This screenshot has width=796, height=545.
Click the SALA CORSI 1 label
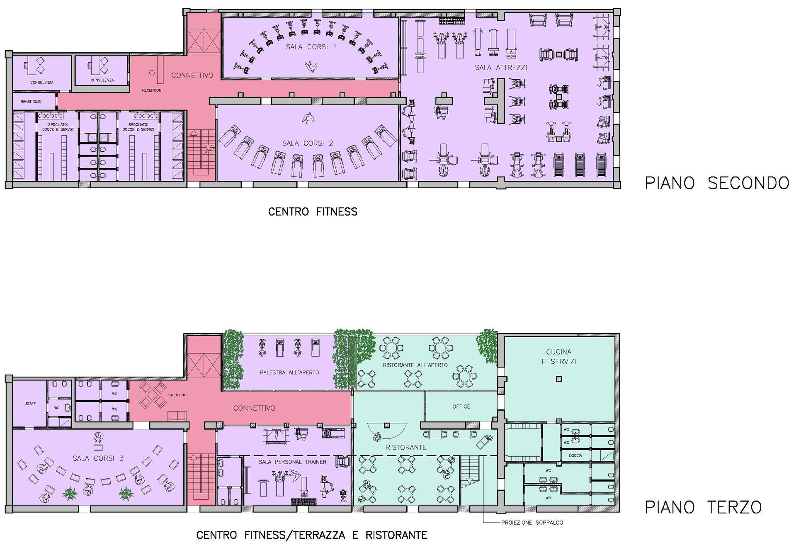pos(311,47)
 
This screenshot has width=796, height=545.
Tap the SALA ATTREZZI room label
pos(501,68)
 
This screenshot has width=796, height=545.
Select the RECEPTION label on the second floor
pos(152,90)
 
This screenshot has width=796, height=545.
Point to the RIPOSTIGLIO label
pos(31,101)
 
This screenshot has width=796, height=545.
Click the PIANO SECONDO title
pos(717,183)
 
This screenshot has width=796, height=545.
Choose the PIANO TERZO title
pos(703,507)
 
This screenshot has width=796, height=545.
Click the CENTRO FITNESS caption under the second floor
pos(313,212)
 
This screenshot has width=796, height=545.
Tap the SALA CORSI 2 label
pos(308,144)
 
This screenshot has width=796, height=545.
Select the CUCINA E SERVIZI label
pos(558,357)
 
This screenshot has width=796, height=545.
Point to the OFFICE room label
pos(461,407)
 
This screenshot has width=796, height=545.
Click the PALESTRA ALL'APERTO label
pos(289,372)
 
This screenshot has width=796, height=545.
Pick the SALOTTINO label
pos(177,395)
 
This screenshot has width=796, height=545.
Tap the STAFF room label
pos(31,404)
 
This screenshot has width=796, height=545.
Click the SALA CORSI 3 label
pos(98,458)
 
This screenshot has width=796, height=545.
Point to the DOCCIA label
pos(575,455)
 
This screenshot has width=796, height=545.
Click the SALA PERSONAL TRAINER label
pos(292,462)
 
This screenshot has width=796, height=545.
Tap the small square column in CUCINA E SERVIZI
pos(559,379)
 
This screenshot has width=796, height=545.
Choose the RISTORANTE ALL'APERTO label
pos(415,365)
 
